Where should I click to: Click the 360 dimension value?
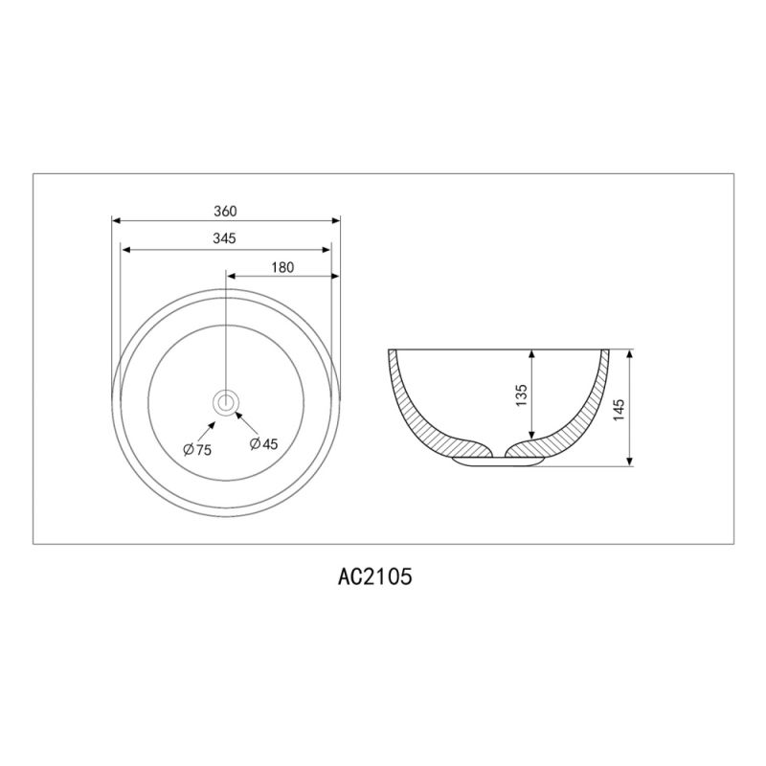[225, 211]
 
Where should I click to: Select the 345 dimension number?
[224, 238]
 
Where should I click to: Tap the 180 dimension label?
[282, 267]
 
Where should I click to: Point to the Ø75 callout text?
[197, 449]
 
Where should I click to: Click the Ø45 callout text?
[263, 443]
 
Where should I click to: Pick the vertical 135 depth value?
[521, 395]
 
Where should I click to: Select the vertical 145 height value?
[618, 410]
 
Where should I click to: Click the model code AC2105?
[374, 576]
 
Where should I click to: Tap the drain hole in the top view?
[226, 402]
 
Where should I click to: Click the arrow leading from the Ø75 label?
[206, 432]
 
